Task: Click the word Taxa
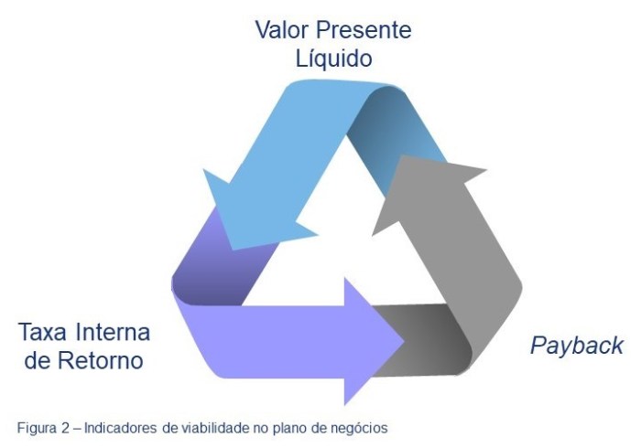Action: click(x=48, y=330)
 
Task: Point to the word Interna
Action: click(x=116, y=330)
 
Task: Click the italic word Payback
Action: click(x=577, y=346)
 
